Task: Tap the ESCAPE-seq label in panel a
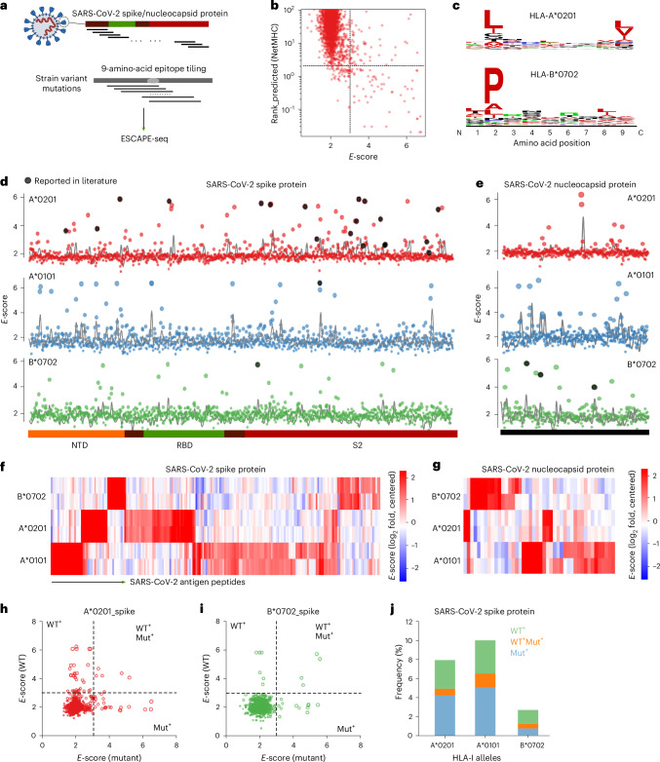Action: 144,138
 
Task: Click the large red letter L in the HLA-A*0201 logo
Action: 493,19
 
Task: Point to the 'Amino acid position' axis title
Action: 552,143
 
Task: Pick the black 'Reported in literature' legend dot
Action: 28,181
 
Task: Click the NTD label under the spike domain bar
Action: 80,444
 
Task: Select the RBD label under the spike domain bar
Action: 184,444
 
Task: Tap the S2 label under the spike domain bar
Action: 358,444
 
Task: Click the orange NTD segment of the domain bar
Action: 76,434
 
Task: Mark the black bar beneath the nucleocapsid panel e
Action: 574,432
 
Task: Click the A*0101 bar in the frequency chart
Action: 482,688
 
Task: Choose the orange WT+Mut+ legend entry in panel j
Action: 526,641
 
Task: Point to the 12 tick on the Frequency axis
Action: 408,622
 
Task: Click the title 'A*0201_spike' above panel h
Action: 109,611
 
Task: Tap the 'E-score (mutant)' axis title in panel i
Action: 293,757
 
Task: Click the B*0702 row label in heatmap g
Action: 446,497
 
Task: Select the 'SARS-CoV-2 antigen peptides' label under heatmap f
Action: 187,582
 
